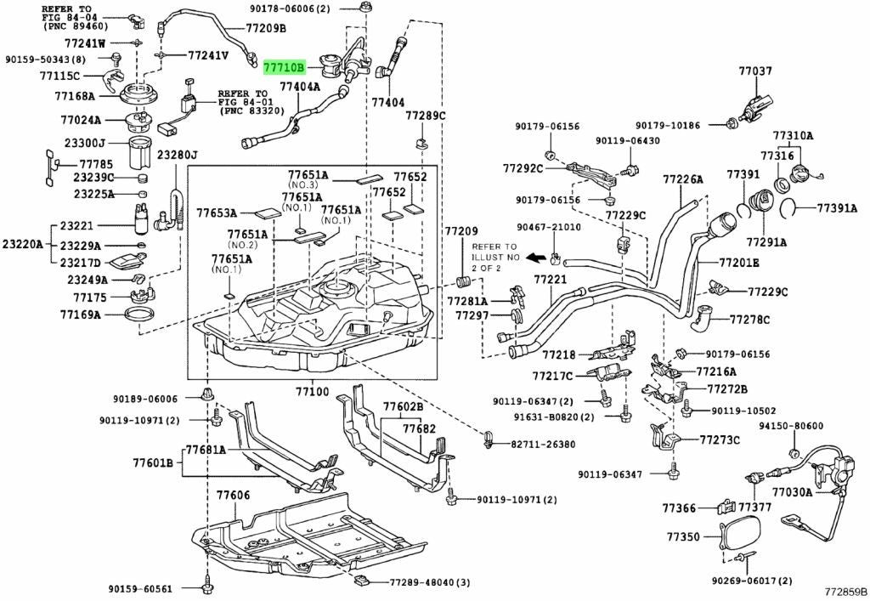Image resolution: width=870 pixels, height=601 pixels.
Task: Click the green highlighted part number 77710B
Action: click(x=284, y=68)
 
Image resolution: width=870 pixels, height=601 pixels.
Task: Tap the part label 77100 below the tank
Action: click(x=312, y=392)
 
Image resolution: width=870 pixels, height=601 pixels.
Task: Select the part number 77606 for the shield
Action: click(x=233, y=495)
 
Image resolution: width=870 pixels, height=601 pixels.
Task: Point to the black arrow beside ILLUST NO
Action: click(x=535, y=258)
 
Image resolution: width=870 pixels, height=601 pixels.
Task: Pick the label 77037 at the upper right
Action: click(x=755, y=71)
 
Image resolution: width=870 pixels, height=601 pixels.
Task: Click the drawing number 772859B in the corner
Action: click(x=845, y=592)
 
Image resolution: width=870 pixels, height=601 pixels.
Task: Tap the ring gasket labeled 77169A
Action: click(x=138, y=315)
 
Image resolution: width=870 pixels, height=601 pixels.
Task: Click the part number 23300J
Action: click(x=84, y=143)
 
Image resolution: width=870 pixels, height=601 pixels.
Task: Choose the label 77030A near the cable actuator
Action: click(x=793, y=491)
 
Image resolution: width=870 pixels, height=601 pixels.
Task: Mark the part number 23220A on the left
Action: click(x=22, y=244)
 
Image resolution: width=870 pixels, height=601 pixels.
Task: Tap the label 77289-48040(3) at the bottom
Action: click(x=429, y=582)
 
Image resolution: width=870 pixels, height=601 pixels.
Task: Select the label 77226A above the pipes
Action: click(x=683, y=179)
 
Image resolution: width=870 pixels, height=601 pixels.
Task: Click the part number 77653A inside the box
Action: click(x=217, y=213)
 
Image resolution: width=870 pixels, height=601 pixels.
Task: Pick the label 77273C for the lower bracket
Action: click(x=720, y=440)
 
